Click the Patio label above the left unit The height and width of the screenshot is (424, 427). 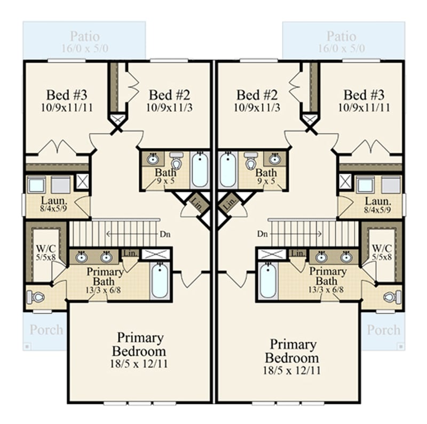click(x=84, y=37)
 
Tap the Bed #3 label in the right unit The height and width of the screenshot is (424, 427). click(x=363, y=95)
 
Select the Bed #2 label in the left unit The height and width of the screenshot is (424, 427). click(x=169, y=95)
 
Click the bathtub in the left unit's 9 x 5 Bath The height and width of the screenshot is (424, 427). click(x=200, y=170)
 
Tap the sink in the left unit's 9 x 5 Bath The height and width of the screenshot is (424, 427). click(x=153, y=159)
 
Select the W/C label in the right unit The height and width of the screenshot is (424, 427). click(x=382, y=248)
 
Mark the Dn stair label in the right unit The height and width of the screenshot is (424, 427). click(x=262, y=233)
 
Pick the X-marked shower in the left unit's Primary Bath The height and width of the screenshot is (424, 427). click(x=155, y=254)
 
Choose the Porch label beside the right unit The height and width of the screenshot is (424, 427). click(x=383, y=329)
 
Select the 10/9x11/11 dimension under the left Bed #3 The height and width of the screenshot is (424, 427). click(x=66, y=107)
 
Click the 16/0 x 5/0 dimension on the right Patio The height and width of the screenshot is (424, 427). click(x=341, y=48)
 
